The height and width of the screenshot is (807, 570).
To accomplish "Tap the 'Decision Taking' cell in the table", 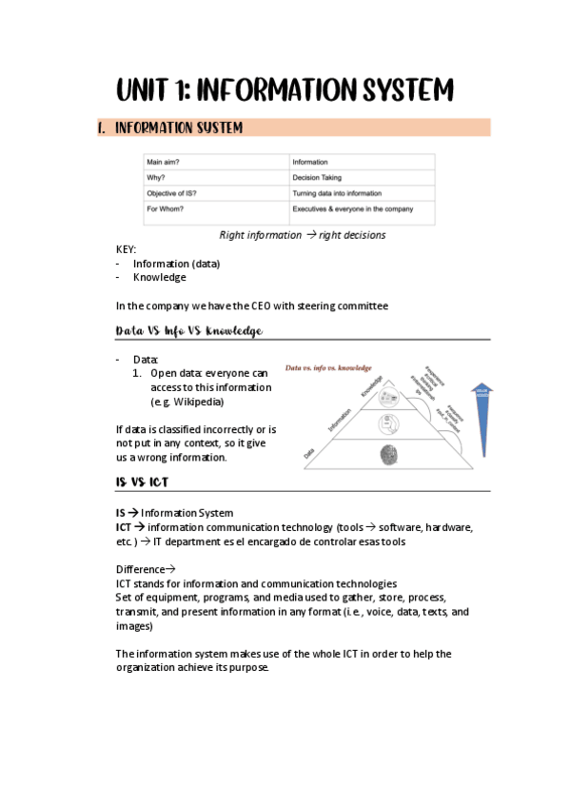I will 319,178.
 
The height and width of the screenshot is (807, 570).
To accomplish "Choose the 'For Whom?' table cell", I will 167,208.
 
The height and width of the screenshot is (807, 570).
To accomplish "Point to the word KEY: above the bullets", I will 126,249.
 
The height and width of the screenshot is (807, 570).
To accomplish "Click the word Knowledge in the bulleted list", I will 160,278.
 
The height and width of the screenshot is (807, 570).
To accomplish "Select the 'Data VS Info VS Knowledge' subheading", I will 188,331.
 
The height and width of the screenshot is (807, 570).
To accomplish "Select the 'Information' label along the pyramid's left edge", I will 342,419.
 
